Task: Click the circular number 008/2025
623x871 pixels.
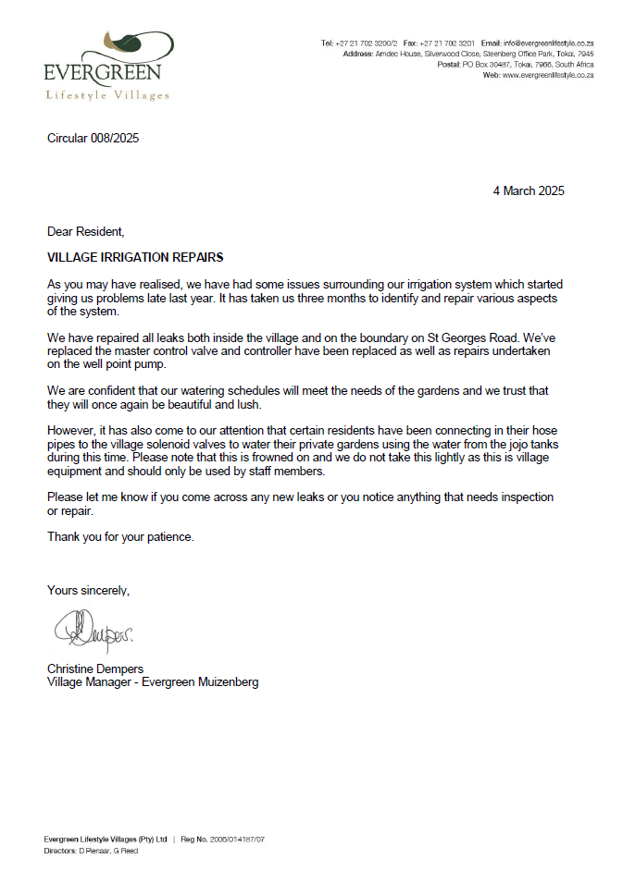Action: point(93,139)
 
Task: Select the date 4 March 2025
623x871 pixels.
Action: point(528,191)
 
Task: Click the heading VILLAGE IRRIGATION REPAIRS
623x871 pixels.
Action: point(135,257)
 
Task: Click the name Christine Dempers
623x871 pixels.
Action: point(95,669)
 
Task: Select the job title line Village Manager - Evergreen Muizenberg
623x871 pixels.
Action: point(153,682)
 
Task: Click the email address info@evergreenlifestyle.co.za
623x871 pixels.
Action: point(548,43)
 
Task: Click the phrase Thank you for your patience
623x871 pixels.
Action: point(120,537)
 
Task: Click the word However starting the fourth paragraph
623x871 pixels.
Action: point(72,418)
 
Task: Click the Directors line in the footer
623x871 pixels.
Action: point(91,851)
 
